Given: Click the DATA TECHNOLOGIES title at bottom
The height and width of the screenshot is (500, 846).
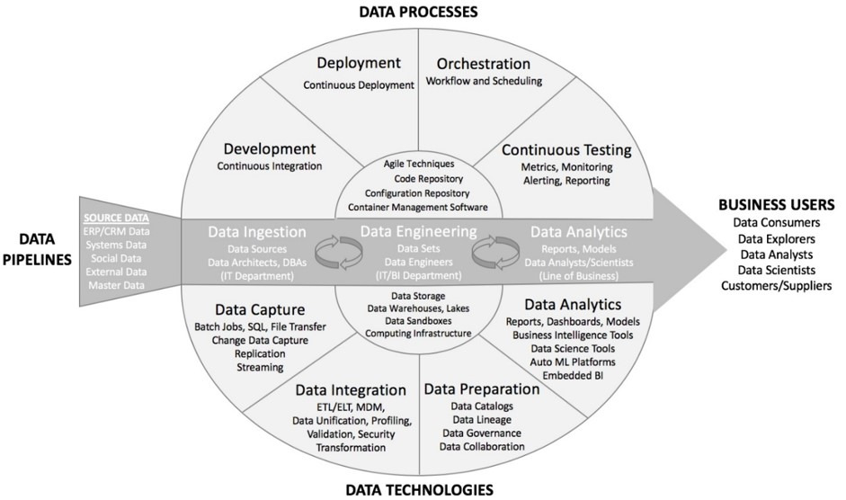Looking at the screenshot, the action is [419, 489].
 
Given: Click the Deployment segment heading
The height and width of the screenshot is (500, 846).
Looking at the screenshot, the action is [358, 63].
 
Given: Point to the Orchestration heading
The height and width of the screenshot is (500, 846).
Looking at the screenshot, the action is [483, 63].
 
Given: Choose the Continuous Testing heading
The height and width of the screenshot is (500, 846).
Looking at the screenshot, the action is [566, 149].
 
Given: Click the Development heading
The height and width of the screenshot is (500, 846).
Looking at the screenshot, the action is [270, 148].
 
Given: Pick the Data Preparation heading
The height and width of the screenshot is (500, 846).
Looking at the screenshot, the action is [481, 388].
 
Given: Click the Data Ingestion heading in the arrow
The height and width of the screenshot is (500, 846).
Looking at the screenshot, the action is [257, 231].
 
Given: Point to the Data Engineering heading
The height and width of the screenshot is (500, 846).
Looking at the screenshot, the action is [418, 231].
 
